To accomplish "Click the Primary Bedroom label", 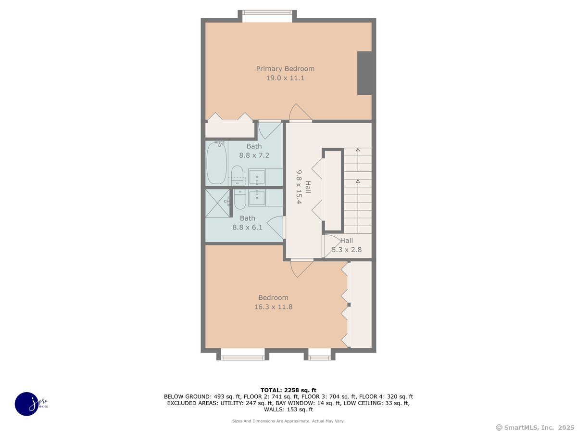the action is pyautogui.click(x=285, y=69).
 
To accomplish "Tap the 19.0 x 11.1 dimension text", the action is pyautogui.click(x=285, y=78).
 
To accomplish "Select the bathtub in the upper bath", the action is pyautogui.click(x=217, y=163).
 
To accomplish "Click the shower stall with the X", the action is pyautogui.click(x=217, y=203).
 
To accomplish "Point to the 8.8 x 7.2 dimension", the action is pyautogui.click(x=254, y=155).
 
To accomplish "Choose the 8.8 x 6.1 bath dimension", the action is pyautogui.click(x=247, y=228).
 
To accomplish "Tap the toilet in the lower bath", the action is pyautogui.click(x=240, y=199).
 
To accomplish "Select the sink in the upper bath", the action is pyautogui.click(x=257, y=177).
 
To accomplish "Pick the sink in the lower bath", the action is pyautogui.click(x=257, y=197).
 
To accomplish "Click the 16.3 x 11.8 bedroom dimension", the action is pyautogui.click(x=274, y=307).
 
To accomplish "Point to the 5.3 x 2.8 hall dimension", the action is pyautogui.click(x=347, y=250).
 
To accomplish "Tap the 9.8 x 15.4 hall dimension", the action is pyautogui.click(x=299, y=187).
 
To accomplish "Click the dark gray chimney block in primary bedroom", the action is pyautogui.click(x=364, y=73).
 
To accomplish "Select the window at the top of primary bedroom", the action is pyautogui.click(x=267, y=13).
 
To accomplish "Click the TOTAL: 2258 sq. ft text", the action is pyautogui.click(x=288, y=390).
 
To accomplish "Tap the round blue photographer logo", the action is pyautogui.click(x=27, y=404).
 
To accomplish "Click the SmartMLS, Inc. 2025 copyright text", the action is pyautogui.click(x=535, y=428).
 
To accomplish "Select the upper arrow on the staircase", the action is pyautogui.click(x=358, y=160).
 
